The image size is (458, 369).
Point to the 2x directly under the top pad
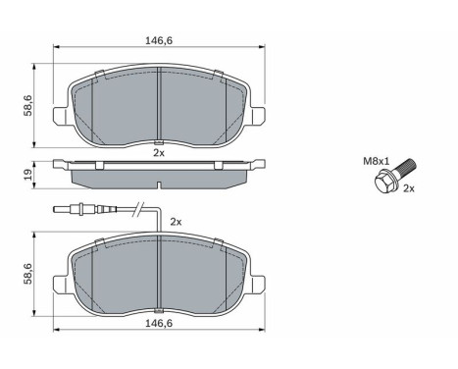(159, 152)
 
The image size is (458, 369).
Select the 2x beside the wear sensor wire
(177, 223)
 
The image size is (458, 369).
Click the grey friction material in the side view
(159, 177)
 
